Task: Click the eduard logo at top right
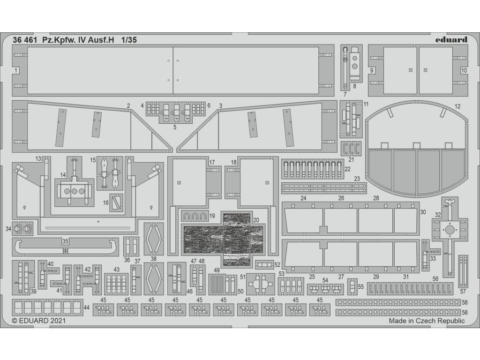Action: [x=451, y=40]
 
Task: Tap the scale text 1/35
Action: [x=129, y=40]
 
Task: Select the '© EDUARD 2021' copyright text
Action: [x=38, y=321]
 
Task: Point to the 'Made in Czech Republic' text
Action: [x=427, y=321]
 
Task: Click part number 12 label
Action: [x=457, y=106]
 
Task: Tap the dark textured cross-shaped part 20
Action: [x=223, y=239]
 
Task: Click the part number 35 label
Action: [x=65, y=241]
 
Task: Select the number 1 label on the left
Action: [x=16, y=70]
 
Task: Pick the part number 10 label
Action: [x=464, y=70]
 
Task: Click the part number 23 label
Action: [x=357, y=179]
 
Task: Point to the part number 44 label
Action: [x=87, y=307]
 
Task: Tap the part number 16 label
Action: [x=105, y=202]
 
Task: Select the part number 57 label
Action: [x=463, y=292]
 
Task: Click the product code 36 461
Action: [x=25, y=40]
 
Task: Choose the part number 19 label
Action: [x=212, y=216]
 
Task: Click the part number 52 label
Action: [x=277, y=265]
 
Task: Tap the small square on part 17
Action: [x=179, y=183]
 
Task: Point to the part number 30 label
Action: [x=423, y=212]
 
